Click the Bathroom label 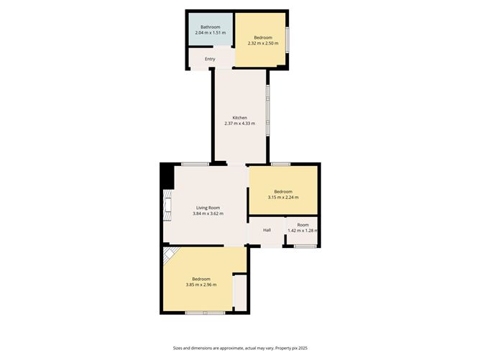pos(211,27)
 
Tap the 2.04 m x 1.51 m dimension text pos(211,32)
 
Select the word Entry pos(210,59)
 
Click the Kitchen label pos(240,118)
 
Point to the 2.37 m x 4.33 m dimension pos(240,124)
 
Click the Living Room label pos(208,208)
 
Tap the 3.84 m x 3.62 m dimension pos(208,213)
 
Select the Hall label pos(267,230)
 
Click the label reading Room pos(303,225)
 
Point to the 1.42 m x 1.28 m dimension pos(303,231)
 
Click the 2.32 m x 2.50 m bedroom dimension pos(263,43)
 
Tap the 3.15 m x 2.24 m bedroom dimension pos(283,198)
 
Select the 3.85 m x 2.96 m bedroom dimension pos(201,285)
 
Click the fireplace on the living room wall pos(167,205)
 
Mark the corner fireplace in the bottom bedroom pos(170,254)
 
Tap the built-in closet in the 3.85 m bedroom pos(240,293)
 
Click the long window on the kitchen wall pos(268,110)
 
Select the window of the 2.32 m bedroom pos(287,40)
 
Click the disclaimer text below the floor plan pos(240,348)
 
